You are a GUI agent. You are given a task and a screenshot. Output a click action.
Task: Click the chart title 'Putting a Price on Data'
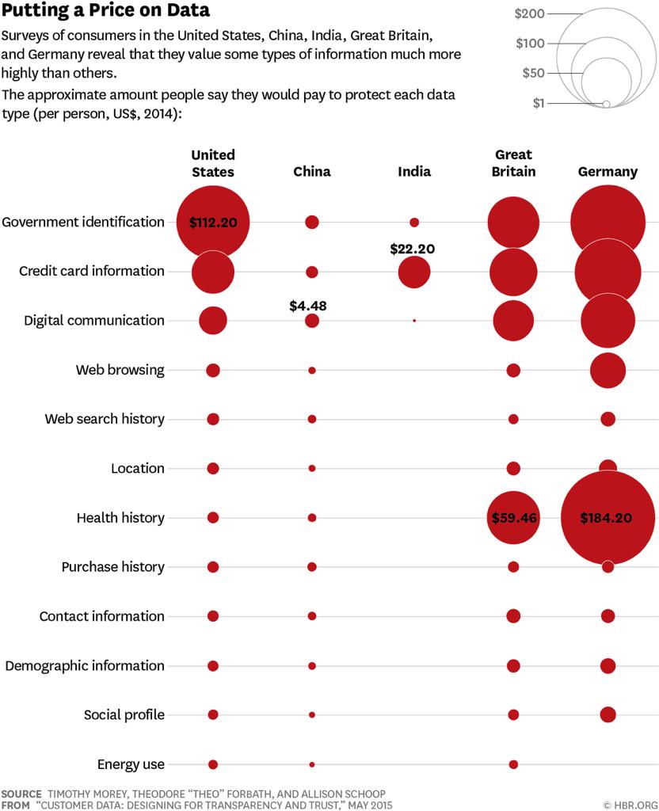coord(105,11)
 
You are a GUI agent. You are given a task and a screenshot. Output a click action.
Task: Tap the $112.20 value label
coord(213,223)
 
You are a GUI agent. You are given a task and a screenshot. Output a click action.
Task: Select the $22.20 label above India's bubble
coord(413,249)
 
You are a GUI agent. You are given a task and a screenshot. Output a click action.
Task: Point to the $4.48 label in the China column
coord(311,304)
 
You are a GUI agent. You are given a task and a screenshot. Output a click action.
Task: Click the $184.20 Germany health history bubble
coord(608,518)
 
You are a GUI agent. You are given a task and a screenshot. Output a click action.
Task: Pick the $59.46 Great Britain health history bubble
coord(513,518)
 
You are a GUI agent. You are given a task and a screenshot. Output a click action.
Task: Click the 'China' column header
coord(312,172)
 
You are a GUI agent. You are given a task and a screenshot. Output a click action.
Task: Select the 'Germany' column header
coord(608,172)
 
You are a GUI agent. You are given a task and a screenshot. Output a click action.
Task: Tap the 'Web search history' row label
coord(105,419)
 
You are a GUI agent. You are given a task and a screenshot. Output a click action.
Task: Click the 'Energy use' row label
coord(131,764)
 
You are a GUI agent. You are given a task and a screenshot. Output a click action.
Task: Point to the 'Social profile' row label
coord(124,715)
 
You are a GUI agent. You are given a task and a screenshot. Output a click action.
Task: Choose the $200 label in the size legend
coord(529,13)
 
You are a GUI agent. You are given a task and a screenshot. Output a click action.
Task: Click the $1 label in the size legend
coord(539,104)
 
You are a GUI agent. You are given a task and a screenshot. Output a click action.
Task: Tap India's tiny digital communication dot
coord(414,321)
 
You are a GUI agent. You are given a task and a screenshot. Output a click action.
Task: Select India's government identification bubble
coord(414,223)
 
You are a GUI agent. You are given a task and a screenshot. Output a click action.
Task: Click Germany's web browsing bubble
coord(608,370)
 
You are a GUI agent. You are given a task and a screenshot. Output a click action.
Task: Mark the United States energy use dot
coord(213,764)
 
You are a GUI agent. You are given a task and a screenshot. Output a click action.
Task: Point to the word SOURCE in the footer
coord(22,793)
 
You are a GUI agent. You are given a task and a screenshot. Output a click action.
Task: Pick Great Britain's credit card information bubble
coord(513,272)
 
